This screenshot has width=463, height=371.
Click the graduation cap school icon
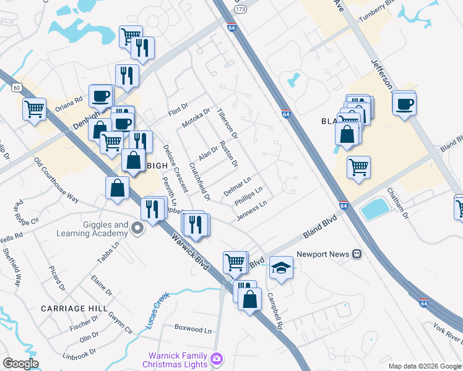click(281, 268)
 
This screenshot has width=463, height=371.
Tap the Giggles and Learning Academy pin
click(137, 230)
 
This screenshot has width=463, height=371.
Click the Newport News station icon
click(357, 254)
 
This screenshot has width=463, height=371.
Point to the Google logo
click(20, 364)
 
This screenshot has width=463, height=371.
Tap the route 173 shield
click(241, 11)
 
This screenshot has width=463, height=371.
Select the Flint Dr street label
click(178, 111)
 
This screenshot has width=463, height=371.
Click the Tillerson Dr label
click(227, 122)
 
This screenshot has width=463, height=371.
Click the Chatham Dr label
click(398, 203)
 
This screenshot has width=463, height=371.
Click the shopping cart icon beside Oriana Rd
click(35, 109)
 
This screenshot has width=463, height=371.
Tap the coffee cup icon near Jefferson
click(404, 103)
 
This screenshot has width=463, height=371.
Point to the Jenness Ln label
click(251, 211)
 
